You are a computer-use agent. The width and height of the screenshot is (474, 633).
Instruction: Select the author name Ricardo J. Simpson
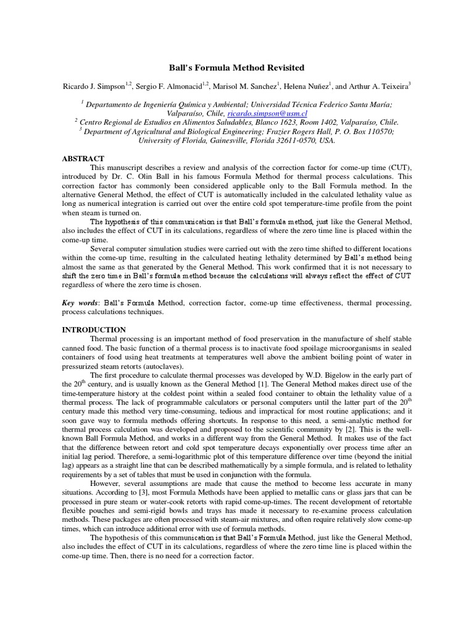(93, 87)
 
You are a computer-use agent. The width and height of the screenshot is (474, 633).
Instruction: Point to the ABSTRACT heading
(83, 159)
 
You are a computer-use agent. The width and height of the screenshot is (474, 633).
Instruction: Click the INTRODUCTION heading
(94, 330)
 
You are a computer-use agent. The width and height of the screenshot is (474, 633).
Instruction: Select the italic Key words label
(80, 304)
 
